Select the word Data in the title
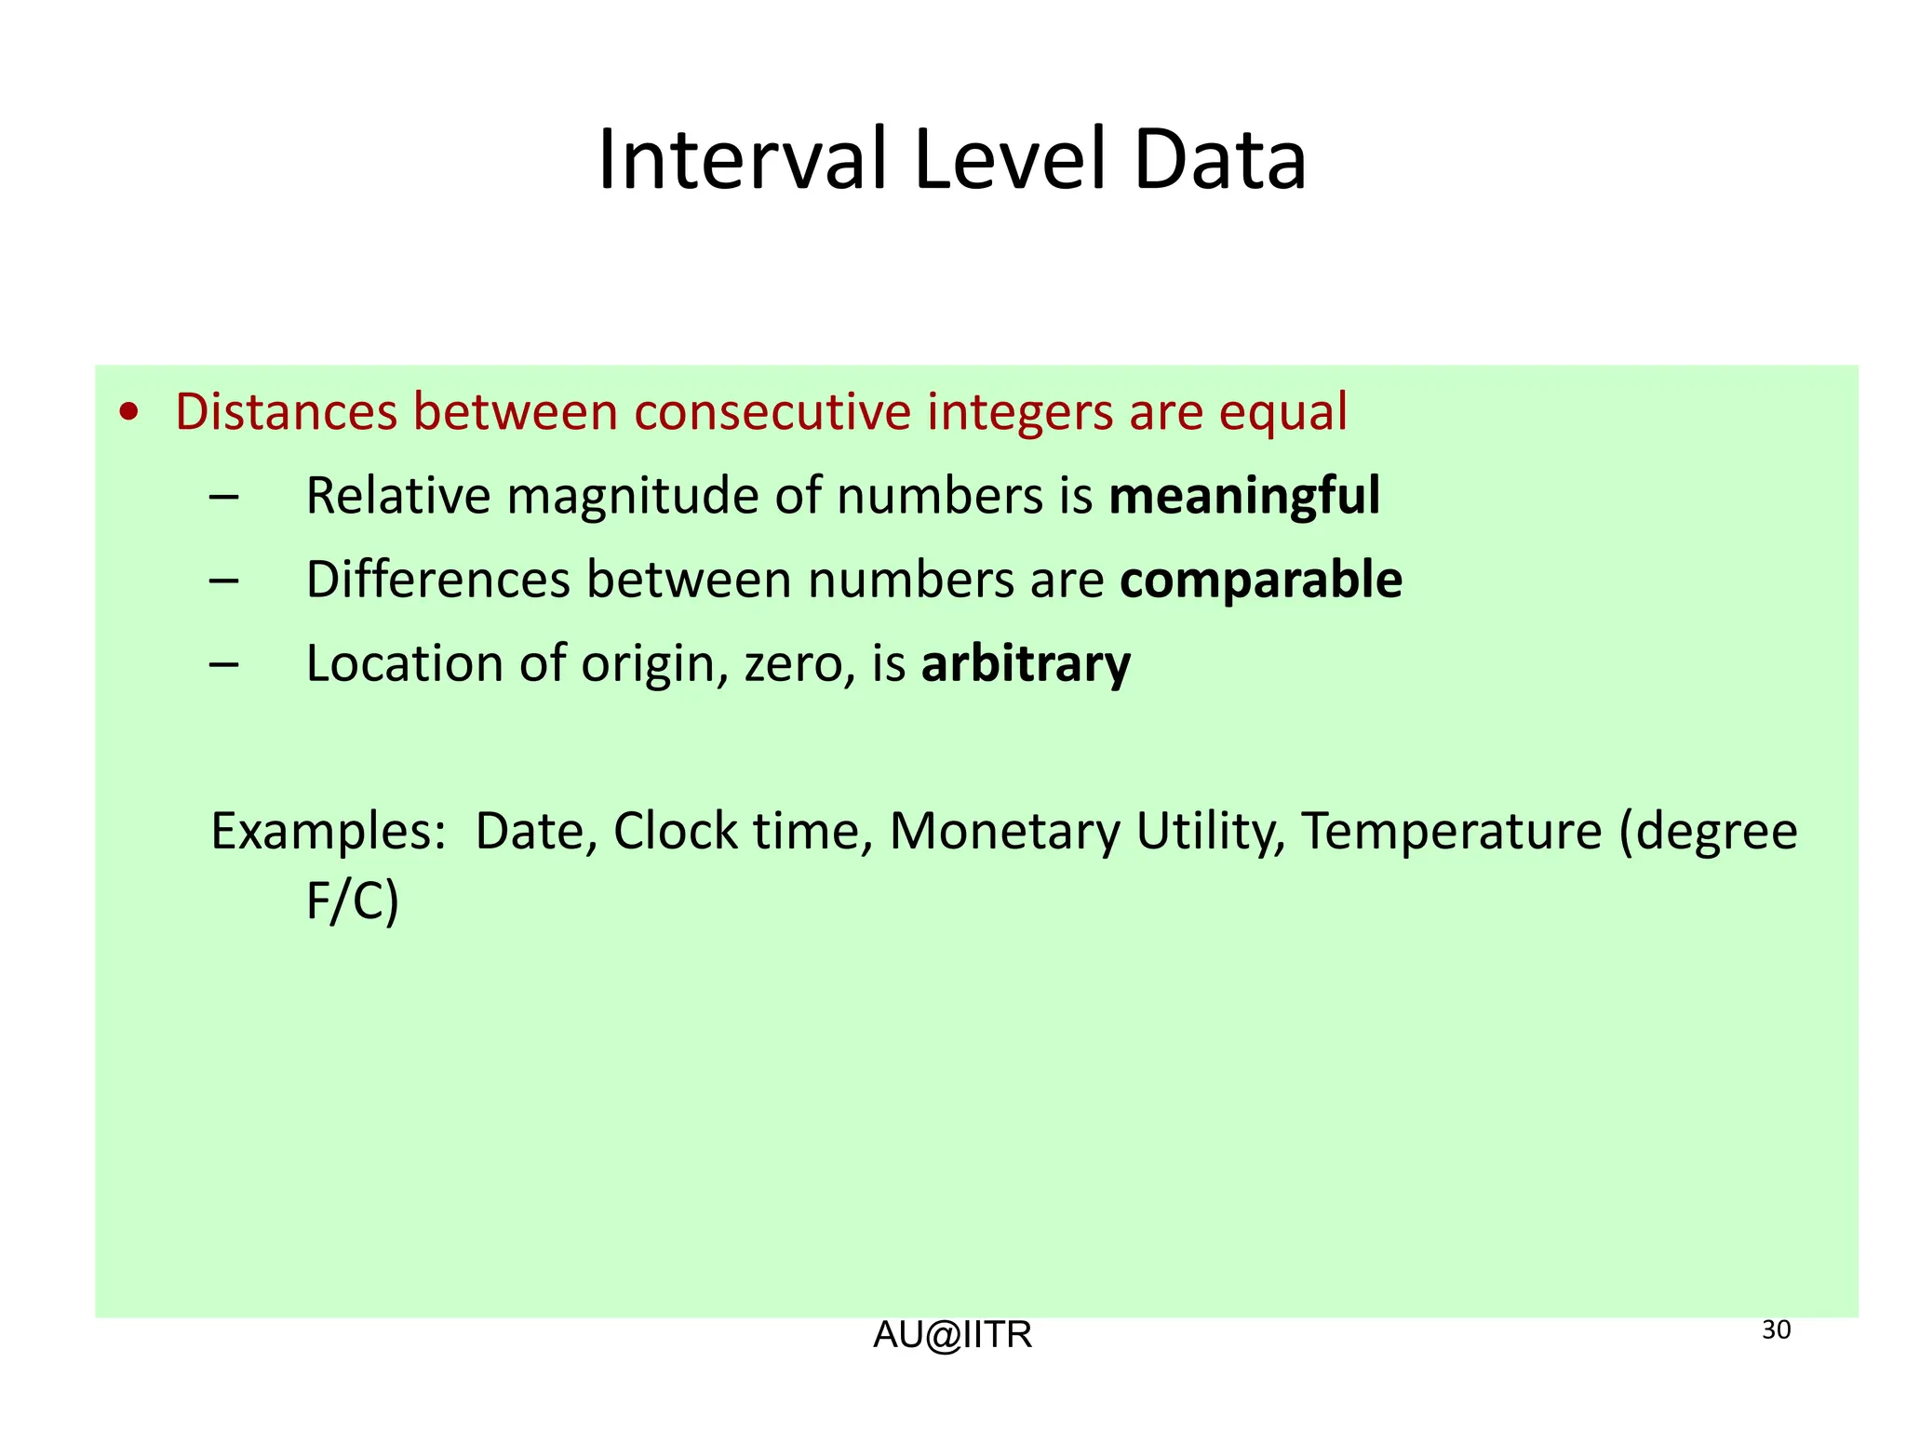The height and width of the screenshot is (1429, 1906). (x=1219, y=160)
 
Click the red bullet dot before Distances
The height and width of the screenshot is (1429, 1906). (x=130, y=413)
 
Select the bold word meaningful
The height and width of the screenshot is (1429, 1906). (x=1244, y=496)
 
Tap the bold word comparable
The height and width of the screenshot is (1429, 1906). (x=1261, y=581)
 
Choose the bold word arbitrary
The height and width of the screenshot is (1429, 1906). (x=1026, y=664)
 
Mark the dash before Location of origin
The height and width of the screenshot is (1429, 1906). (x=224, y=665)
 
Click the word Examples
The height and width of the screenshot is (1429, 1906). (x=329, y=832)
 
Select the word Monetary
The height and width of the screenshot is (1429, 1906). (x=1005, y=832)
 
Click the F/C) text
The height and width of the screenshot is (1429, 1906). (x=353, y=901)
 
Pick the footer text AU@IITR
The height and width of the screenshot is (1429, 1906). (x=952, y=1336)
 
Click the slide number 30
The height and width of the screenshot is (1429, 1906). (x=1776, y=1330)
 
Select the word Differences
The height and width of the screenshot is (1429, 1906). (x=437, y=581)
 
